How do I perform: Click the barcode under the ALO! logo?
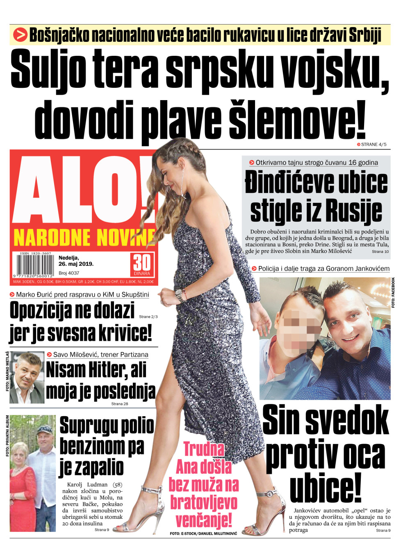(35, 266)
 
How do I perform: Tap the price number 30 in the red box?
(142, 263)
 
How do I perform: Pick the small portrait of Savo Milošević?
(26, 377)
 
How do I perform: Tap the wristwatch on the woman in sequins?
(179, 294)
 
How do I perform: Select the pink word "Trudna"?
(204, 449)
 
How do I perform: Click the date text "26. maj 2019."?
(76, 264)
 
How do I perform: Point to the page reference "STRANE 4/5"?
(374, 144)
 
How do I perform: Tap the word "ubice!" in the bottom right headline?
(326, 487)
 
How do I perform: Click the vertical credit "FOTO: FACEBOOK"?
(393, 293)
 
